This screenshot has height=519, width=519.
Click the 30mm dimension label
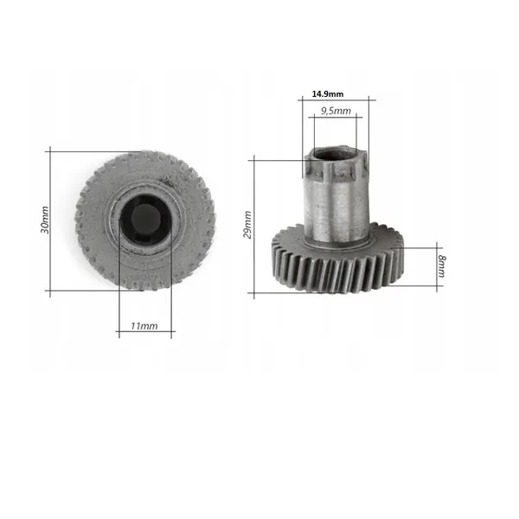pyautogui.click(x=45, y=220)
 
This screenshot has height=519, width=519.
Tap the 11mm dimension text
pyautogui.click(x=144, y=326)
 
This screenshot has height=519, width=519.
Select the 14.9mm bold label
pyautogui.click(x=328, y=94)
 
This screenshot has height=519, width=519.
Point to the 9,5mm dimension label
pyautogui.click(x=336, y=111)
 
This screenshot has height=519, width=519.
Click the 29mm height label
pyautogui.click(x=247, y=225)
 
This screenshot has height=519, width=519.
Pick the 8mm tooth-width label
pyautogui.click(x=441, y=266)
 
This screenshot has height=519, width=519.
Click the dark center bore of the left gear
pyautogui.click(x=145, y=220)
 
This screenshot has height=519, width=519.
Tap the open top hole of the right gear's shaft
pyautogui.click(x=334, y=155)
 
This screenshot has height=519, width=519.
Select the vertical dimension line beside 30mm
pyautogui.click(x=50, y=221)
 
